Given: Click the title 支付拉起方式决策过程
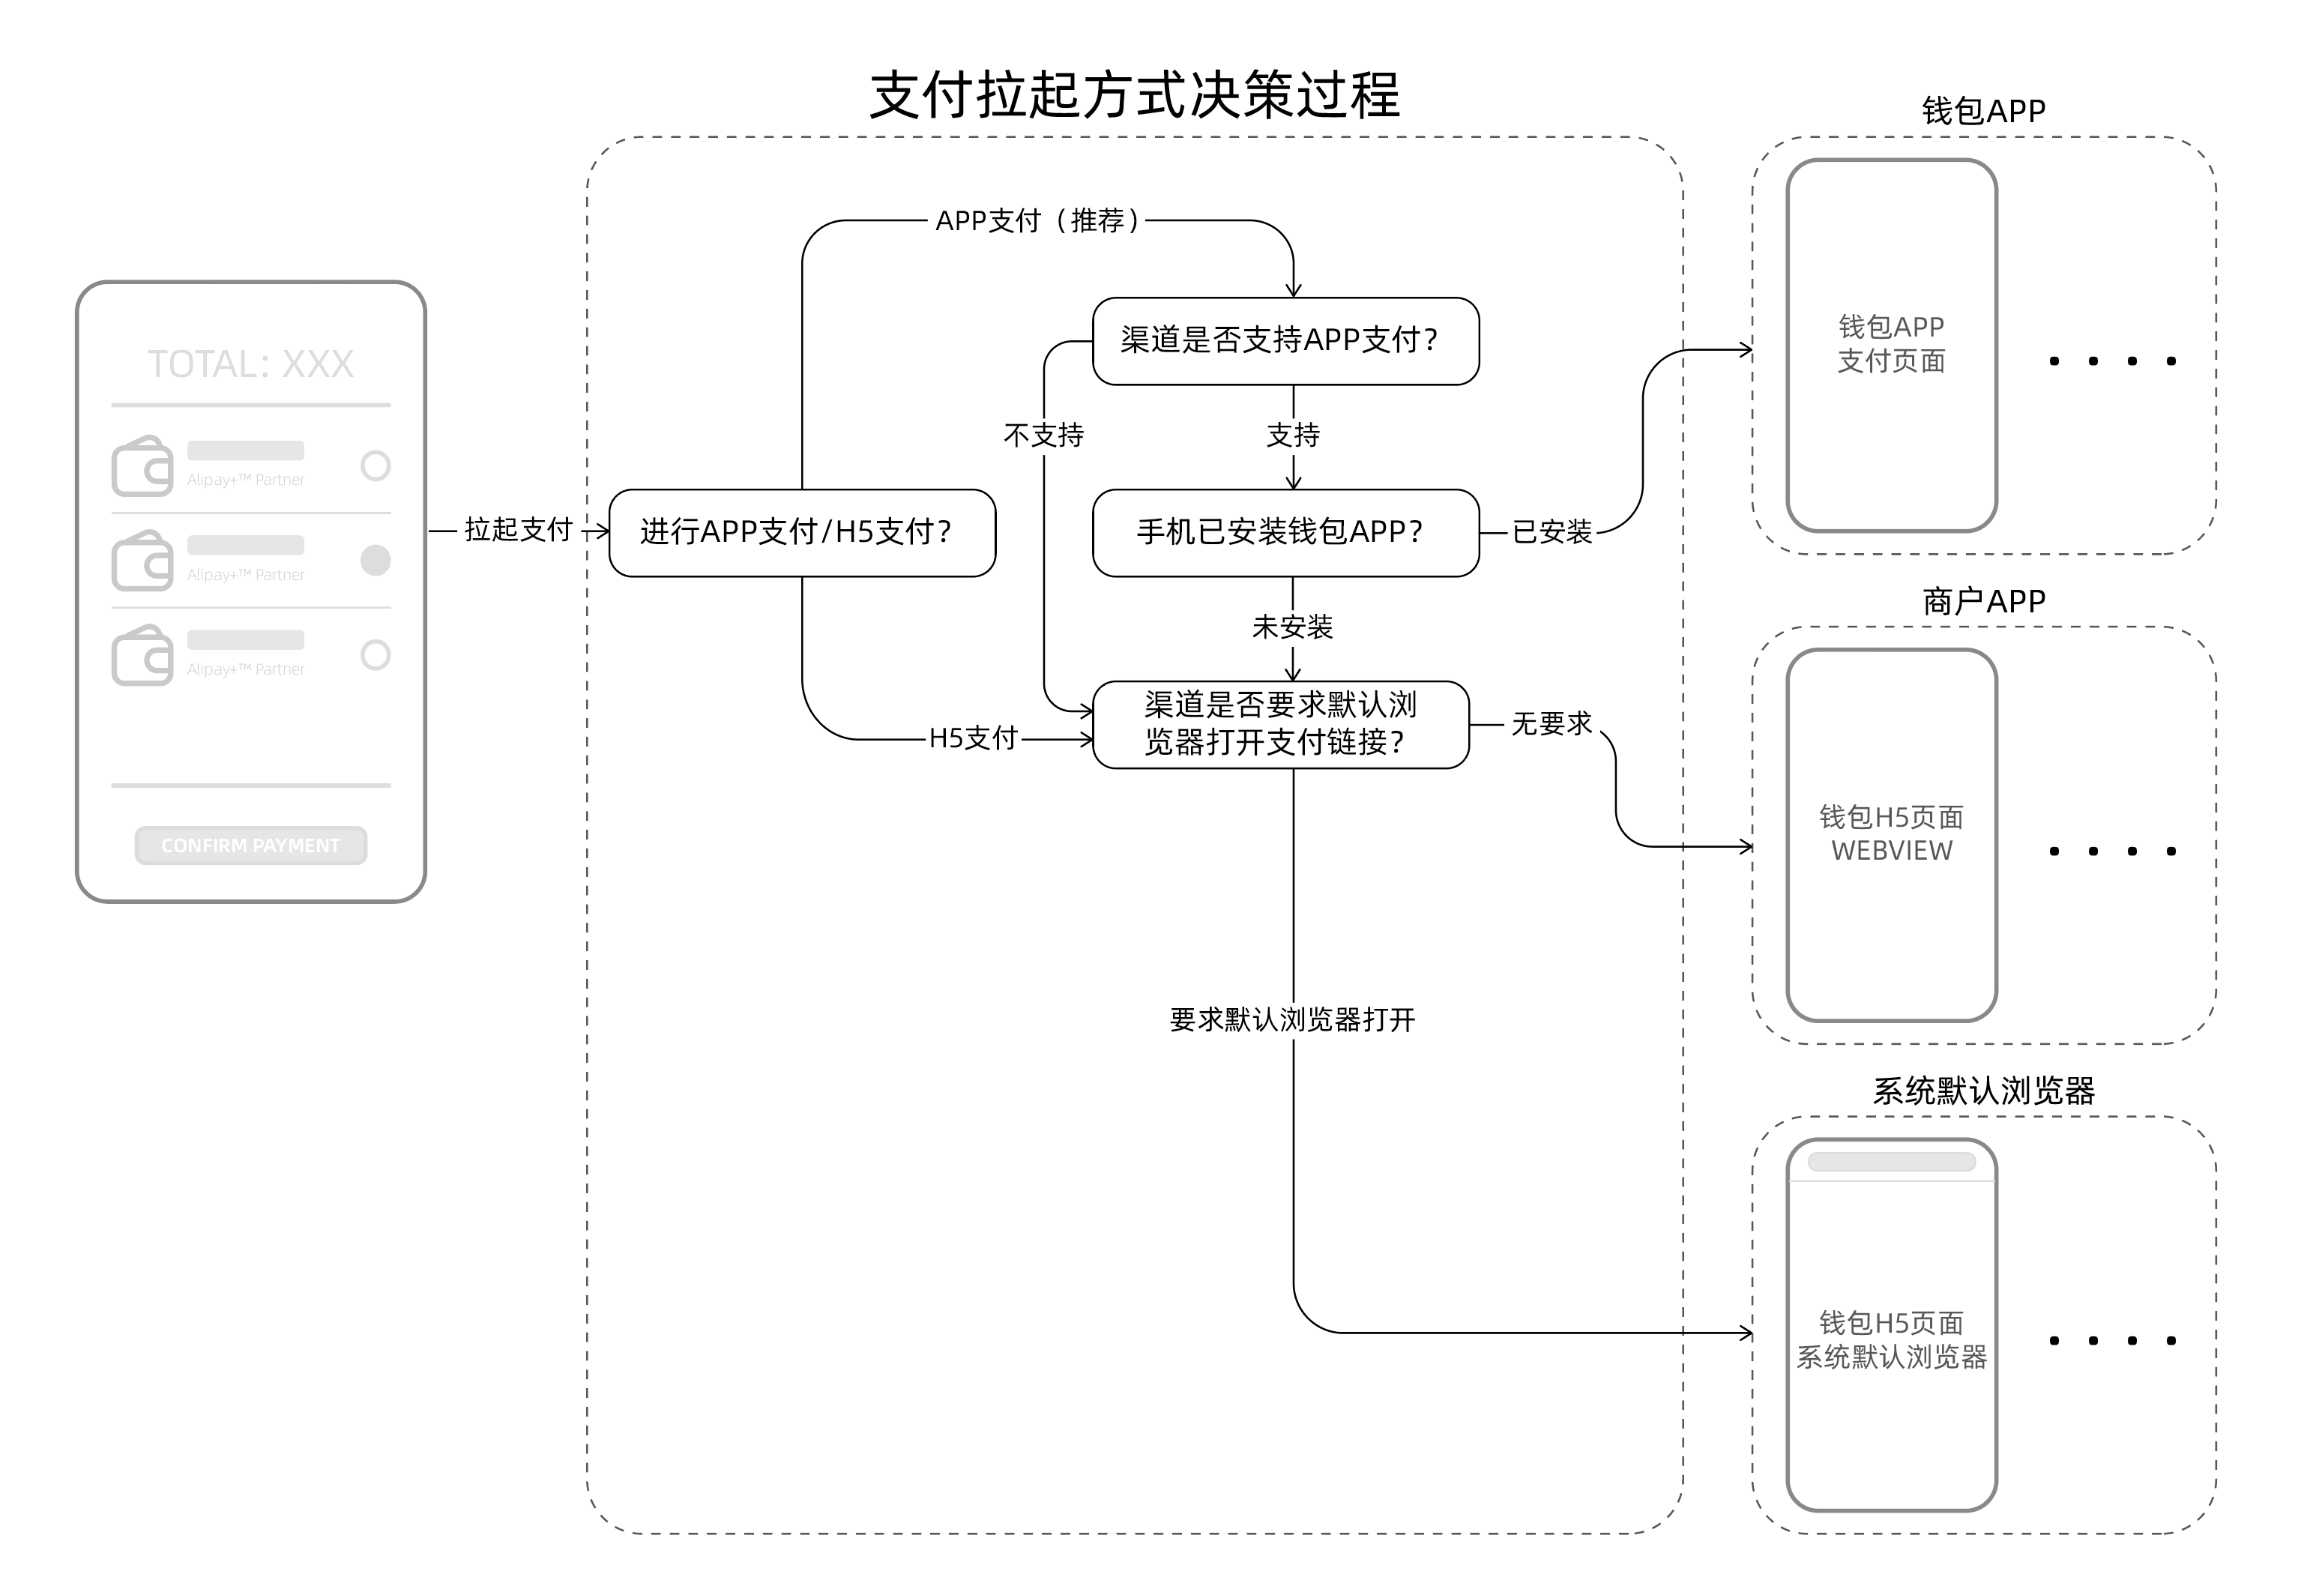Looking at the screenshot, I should [1134, 96].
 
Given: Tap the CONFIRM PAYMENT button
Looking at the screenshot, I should [251, 845].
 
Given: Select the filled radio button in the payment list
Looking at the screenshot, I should [376, 561].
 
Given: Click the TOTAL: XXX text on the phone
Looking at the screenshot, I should [251, 364].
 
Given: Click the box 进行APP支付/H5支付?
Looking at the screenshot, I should [801, 533].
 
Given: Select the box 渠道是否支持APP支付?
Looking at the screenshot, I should [1285, 340].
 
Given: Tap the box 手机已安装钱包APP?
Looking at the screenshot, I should [1285, 533].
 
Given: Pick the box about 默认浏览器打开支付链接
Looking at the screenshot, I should [1280, 724].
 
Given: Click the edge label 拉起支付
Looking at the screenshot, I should [518, 530].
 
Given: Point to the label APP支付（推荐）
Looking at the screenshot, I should [1037, 221].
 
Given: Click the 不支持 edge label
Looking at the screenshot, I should [1043, 435].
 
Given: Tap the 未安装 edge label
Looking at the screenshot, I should [1292, 627].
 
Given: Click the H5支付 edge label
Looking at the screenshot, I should [973, 739].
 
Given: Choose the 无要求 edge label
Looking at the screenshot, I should [1551, 724].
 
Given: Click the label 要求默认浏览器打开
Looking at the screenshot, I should [1292, 1019].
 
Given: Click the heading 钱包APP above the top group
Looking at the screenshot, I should [1982, 110].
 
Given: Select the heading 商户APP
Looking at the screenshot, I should [1982, 601].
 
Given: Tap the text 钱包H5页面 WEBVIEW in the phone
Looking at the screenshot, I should [1891, 834].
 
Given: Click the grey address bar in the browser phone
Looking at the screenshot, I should [1891, 1162].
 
